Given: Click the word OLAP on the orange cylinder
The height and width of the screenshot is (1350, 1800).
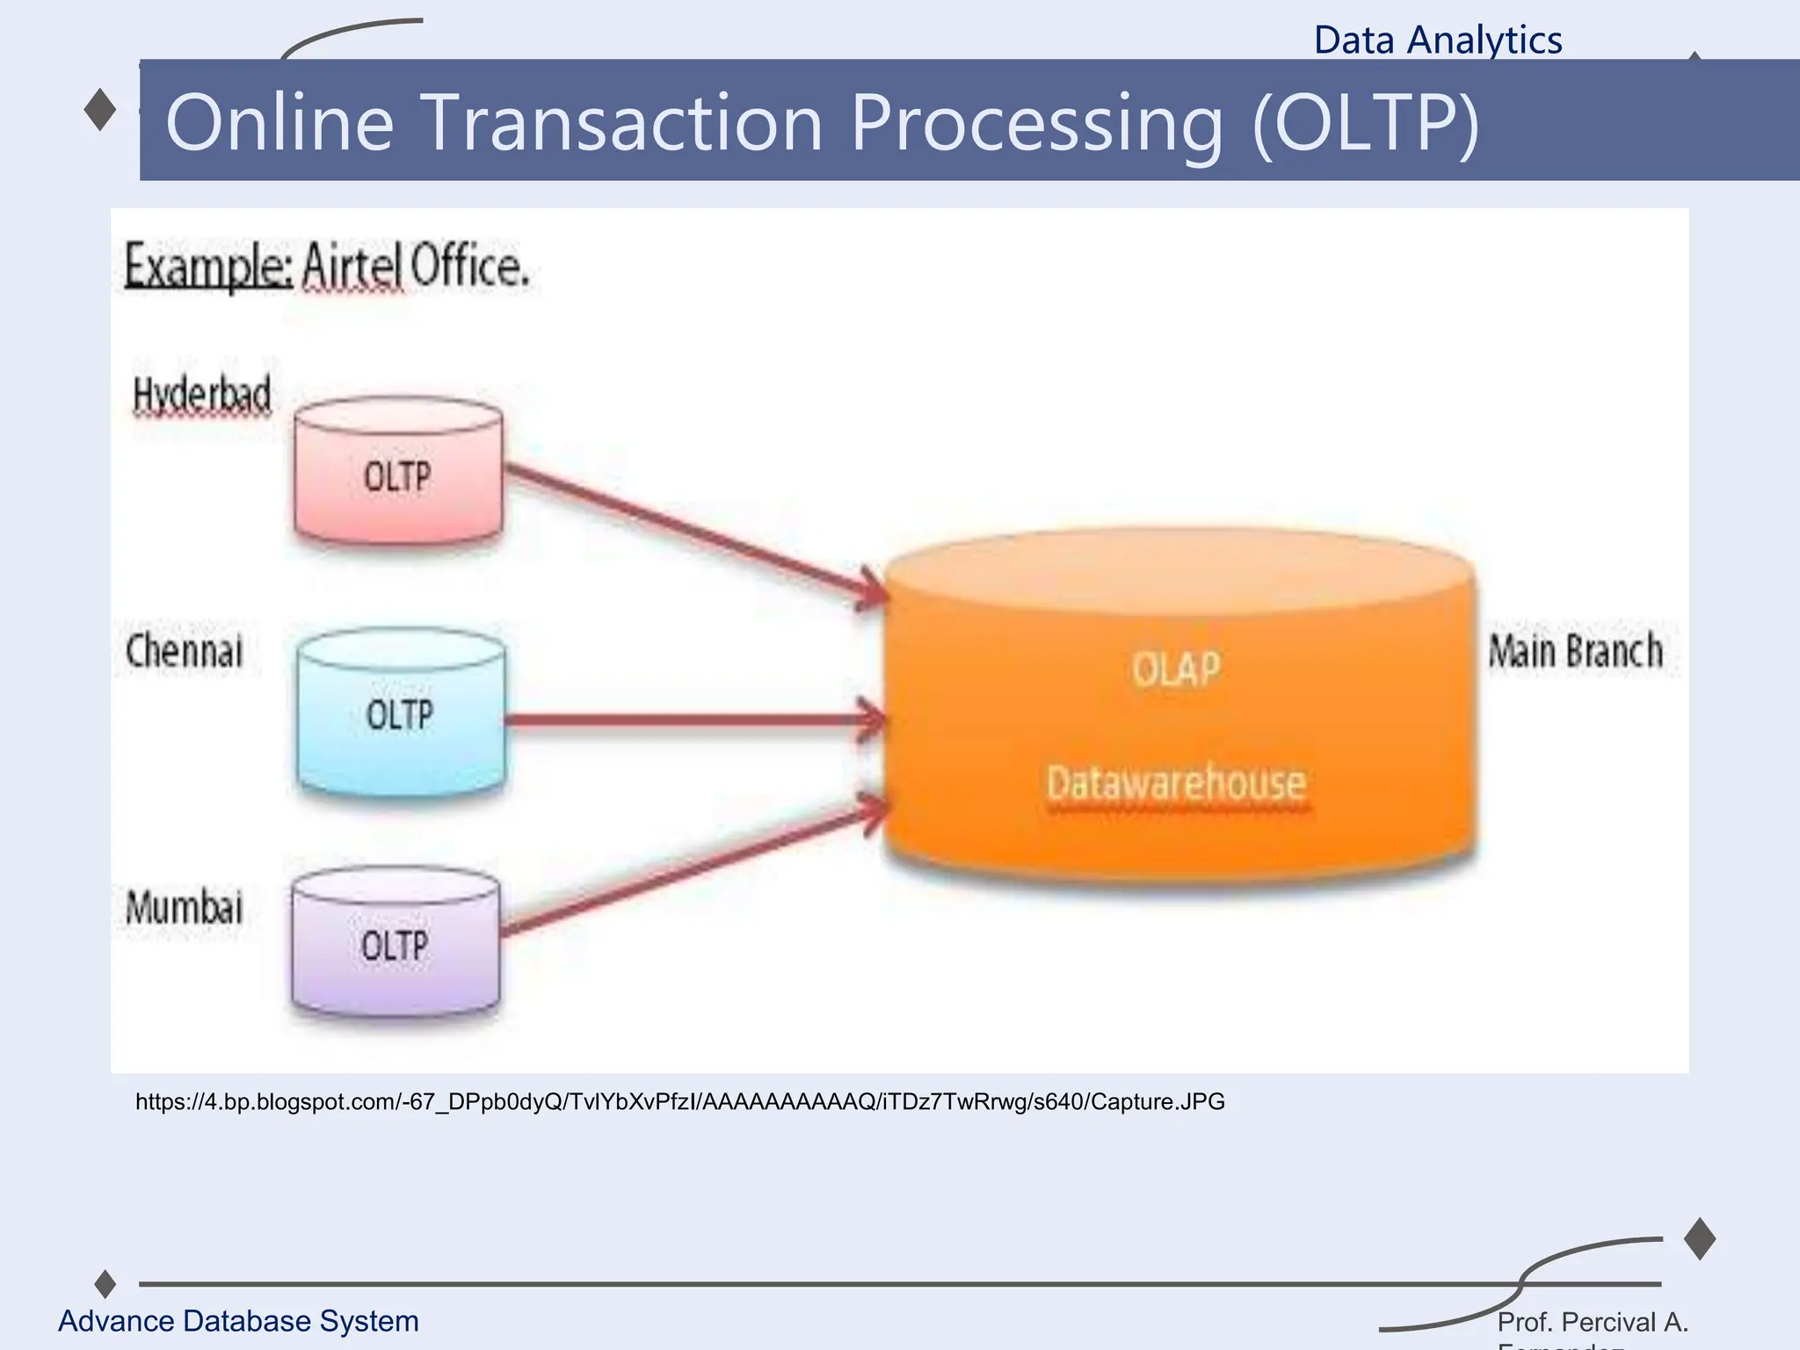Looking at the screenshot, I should (1176, 670).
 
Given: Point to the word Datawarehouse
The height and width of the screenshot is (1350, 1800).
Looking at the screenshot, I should (1176, 782).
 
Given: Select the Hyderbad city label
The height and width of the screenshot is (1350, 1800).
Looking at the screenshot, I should (202, 395).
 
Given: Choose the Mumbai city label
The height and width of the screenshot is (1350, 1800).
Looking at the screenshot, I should (185, 907).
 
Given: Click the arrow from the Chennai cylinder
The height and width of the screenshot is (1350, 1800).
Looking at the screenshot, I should (694, 721).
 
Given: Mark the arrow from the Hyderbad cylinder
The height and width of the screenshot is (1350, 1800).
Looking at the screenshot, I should (694, 533).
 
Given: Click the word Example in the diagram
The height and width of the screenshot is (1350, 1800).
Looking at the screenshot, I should (207, 265).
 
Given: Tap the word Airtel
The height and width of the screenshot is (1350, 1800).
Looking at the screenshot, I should (352, 265).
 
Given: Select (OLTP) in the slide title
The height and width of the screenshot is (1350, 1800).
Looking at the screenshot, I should (1366, 123).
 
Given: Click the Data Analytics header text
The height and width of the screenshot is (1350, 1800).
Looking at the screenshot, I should (1438, 40).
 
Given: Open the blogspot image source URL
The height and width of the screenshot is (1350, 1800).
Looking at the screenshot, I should (679, 1101).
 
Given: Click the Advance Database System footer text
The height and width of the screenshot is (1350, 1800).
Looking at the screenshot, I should (238, 1321).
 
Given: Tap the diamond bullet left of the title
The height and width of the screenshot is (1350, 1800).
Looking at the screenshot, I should (100, 110).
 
